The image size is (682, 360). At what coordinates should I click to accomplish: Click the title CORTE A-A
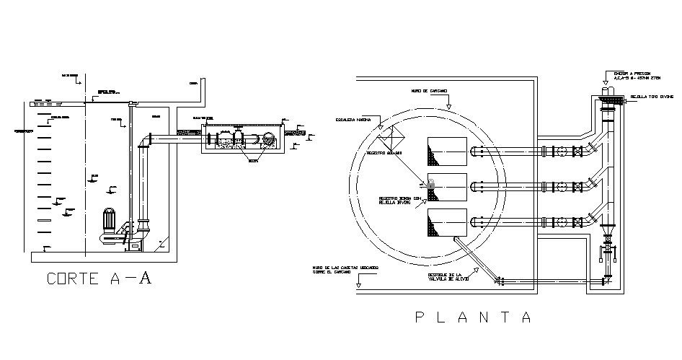[99, 279]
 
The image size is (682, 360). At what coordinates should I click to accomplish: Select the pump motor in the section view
[110, 221]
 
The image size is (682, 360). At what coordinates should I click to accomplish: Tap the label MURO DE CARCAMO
[429, 91]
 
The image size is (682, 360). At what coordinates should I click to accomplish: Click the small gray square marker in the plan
[431, 185]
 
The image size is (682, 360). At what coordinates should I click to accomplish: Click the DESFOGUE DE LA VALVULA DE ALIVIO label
[446, 278]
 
